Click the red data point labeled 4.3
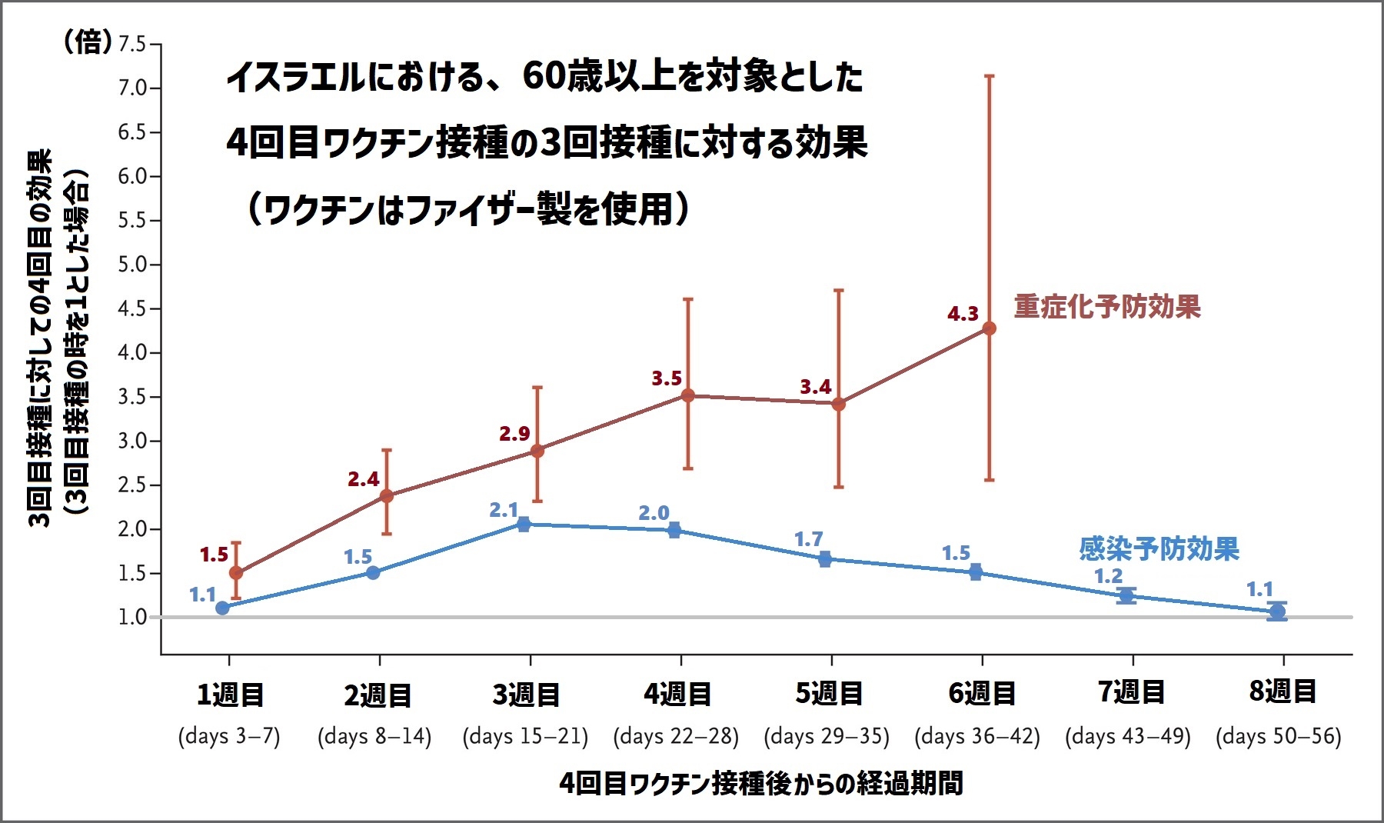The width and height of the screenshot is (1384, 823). tap(989, 328)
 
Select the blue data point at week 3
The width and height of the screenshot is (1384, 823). tap(524, 525)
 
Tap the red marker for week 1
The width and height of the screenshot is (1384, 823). tap(236, 573)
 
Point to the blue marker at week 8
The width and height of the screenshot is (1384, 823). tap(1277, 612)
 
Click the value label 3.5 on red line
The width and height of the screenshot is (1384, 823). tap(667, 378)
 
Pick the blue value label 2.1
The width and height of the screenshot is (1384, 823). tap(504, 510)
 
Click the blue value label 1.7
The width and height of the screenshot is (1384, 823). tap(808, 539)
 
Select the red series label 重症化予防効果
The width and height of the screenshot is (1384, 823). tap(1106, 307)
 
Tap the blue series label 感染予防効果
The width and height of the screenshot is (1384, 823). tap(1159, 549)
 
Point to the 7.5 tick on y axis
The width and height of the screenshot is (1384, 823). tap(131, 44)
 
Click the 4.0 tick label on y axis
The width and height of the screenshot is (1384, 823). tap(131, 353)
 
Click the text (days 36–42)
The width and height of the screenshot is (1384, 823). tap(976, 736)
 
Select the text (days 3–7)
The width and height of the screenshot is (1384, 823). tap(229, 736)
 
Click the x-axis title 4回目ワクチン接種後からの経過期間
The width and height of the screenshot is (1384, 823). tap(760, 784)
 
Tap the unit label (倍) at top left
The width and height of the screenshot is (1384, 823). tap(87, 42)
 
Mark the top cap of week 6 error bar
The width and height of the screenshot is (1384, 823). tap(989, 76)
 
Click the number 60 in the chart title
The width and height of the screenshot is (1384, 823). tap(543, 76)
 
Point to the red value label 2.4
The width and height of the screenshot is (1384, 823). tap(363, 479)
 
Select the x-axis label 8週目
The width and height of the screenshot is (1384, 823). tap(1282, 691)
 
